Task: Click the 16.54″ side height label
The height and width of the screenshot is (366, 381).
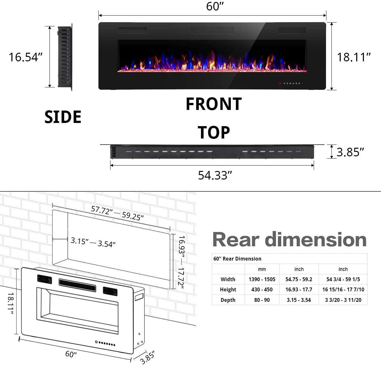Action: click(25, 57)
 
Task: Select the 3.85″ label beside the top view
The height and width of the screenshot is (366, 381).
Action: click(350, 152)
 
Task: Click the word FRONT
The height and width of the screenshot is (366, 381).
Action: click(213, 104)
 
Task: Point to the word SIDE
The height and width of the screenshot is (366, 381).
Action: click(63, 117)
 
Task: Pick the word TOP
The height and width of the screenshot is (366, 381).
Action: click(214, 132)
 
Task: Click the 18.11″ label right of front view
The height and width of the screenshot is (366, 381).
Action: click(354, 57)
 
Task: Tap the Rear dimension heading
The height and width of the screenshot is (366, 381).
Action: click(289, 239)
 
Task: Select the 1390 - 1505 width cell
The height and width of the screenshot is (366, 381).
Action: click(262, 279)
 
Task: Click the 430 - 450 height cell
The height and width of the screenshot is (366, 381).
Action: click(262, 289)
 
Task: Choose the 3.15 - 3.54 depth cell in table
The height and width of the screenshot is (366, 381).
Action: click(298, 300)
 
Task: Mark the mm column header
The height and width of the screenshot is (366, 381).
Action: click(262, 269)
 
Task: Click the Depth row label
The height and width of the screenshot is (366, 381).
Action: click(228, 300)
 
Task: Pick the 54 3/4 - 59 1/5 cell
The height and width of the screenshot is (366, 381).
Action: click(343, 279)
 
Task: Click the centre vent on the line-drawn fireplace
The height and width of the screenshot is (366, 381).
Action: click(77, 284)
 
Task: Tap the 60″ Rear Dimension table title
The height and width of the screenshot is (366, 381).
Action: click(237, 259)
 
